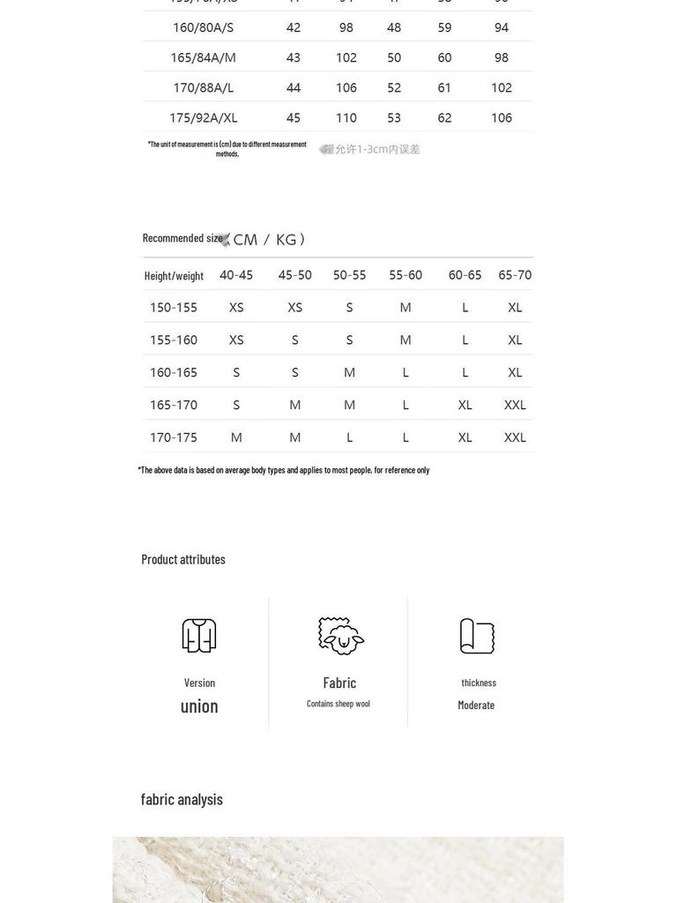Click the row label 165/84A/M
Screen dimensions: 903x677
(x=203, y=57)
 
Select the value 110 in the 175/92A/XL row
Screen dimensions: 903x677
(x=346, y=117)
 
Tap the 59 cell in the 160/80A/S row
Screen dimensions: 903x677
(x=444, y=27)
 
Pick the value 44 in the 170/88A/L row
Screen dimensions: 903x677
(x=294, y=87)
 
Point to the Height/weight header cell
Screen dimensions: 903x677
(x=174, y=275)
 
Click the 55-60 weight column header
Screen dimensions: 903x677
(x=405, y=275)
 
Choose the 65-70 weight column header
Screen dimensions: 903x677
(x=515, y=275)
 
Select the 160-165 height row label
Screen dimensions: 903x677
(x=174, y=372)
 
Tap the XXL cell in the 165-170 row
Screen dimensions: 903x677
(x=515, y=405)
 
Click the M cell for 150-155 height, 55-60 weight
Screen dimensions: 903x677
(x=405, y=308)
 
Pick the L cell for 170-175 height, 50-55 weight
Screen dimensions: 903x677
(x=350, y=437)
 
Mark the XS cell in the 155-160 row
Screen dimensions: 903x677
(x=236, y=340)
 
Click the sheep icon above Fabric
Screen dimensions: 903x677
(x=341, y=635)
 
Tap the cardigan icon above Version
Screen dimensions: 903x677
(x=199, y=635)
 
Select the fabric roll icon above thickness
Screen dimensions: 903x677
(x=477, y=636)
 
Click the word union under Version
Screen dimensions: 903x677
(x=199, y=705)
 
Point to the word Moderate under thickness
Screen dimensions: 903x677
(x=476, y=705)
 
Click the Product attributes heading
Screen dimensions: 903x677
(x=183, y=559)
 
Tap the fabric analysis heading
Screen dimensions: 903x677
(x=182, y=799)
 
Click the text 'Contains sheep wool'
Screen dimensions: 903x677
(x=338, y=704)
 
